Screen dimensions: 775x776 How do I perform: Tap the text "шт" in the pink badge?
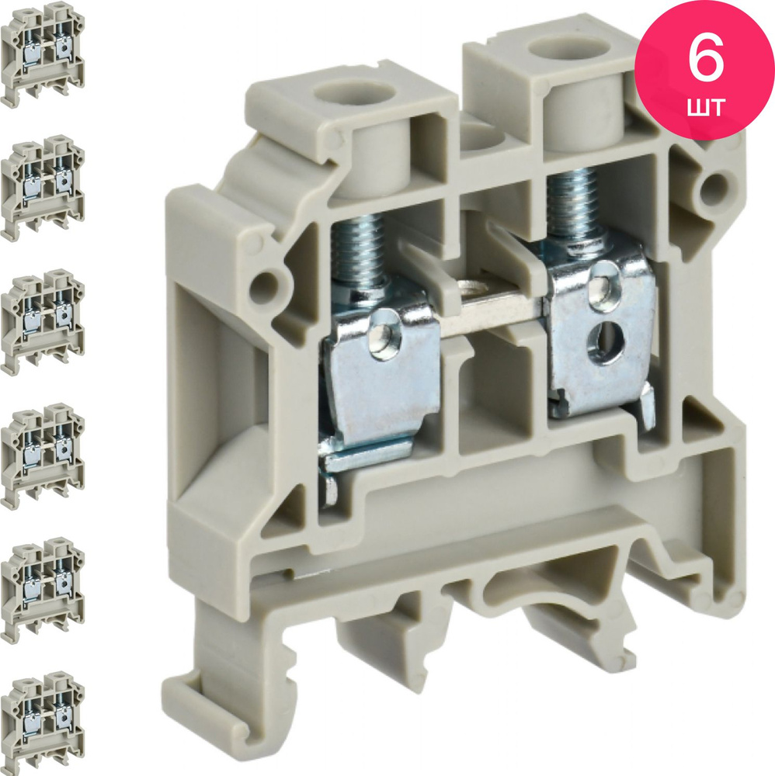coord(706,106)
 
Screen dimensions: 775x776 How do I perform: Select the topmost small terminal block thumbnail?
coord(43,54)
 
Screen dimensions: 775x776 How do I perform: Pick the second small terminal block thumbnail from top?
coord(43,188)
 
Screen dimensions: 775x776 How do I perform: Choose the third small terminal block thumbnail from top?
coord(43,322)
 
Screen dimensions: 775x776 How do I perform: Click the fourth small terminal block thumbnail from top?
coord(43,456)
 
